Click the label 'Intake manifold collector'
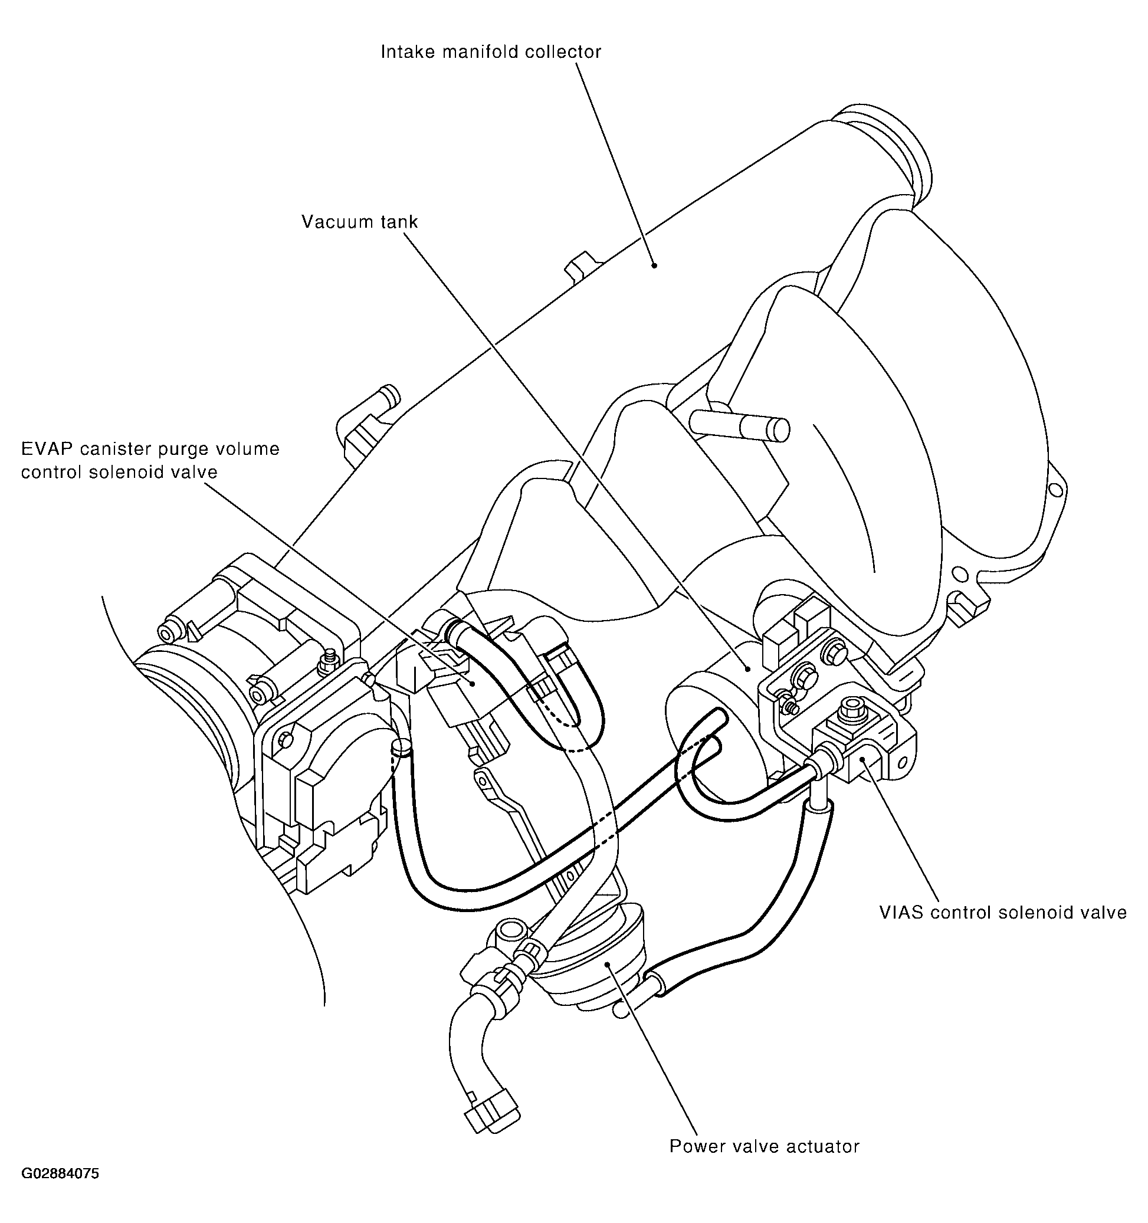pos(490,52)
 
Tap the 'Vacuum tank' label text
pos(359,222)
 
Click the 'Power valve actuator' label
pos(763,1147)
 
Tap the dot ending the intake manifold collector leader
pos(655,265)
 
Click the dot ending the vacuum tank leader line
pos(747,668)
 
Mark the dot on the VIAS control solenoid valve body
pos(864,760)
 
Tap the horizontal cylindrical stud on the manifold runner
pos(738,425)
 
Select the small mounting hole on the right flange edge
pos(1056,490)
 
